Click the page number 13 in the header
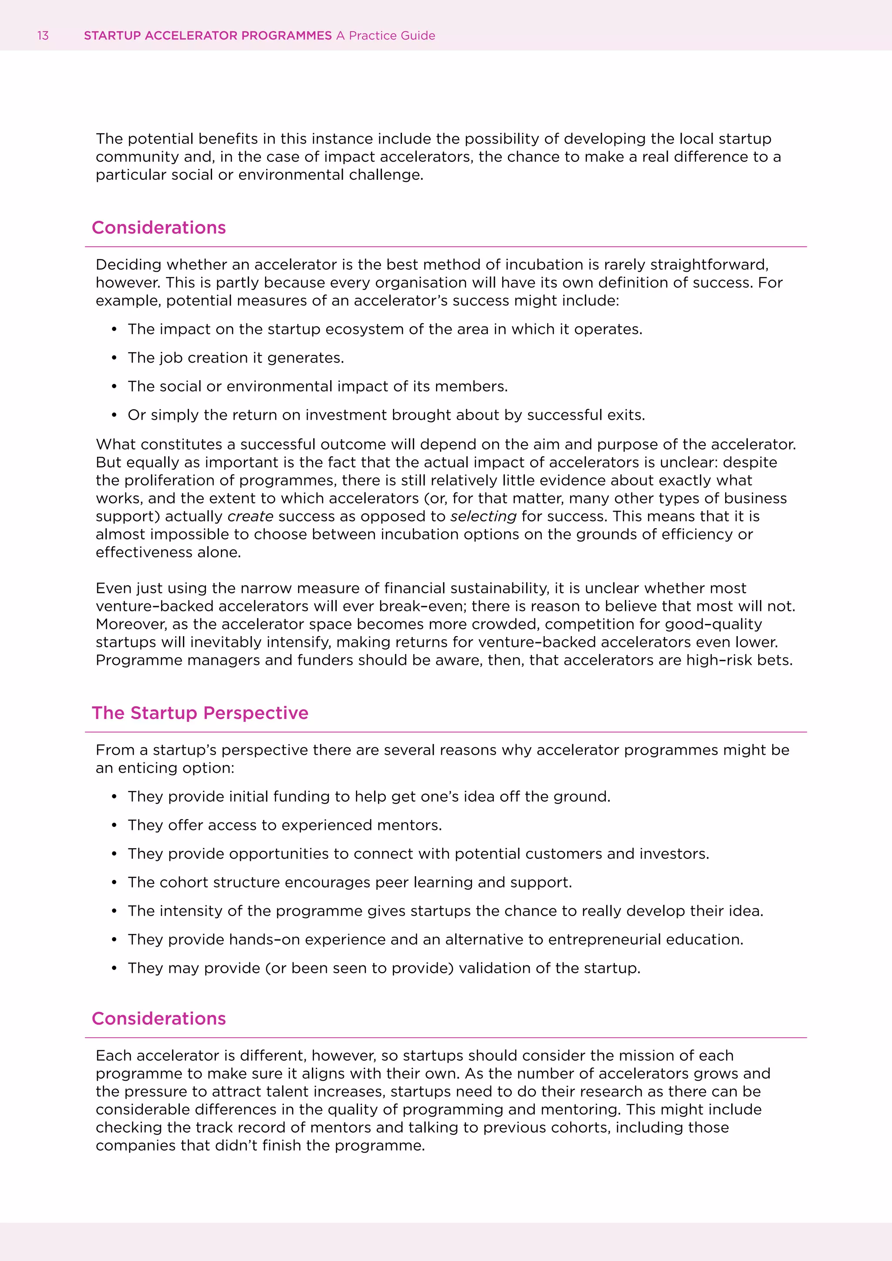coord(43,36)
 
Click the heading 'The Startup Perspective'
coord(200,713)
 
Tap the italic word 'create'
coord(250,516)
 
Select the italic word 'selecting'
coord(483,516)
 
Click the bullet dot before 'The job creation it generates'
coord(114,358)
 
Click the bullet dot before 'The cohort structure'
coord(114,883)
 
